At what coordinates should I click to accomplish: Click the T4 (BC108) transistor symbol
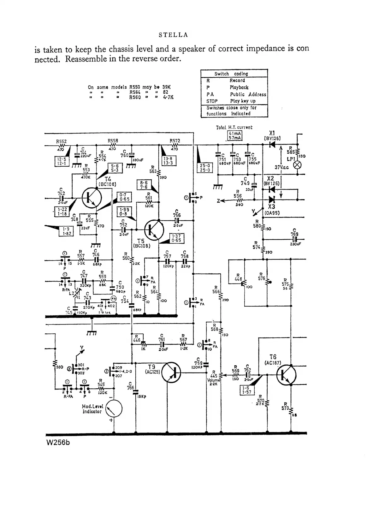(92, 198)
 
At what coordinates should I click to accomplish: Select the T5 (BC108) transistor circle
(154, 230)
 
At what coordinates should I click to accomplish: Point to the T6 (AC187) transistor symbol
(286, 375)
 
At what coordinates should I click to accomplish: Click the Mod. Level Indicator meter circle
(113, 409)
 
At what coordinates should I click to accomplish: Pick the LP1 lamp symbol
(297, 165)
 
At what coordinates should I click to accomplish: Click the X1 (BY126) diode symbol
(271, 145)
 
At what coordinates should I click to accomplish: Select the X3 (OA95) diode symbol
(271, 200)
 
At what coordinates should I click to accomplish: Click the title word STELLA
(173, 35)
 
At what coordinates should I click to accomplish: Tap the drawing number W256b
(58, 443)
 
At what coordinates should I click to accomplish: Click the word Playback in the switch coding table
(239, 87)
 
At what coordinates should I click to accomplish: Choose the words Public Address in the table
(248, 94)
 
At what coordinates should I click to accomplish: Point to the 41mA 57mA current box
(235, 136)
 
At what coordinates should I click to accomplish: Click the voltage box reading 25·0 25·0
(205, 168)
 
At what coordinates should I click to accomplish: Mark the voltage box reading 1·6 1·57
(247, 390)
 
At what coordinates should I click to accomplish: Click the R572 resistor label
(175, 141)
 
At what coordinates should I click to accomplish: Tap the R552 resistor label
(61, 142)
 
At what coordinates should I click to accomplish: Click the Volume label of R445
(213, 380)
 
